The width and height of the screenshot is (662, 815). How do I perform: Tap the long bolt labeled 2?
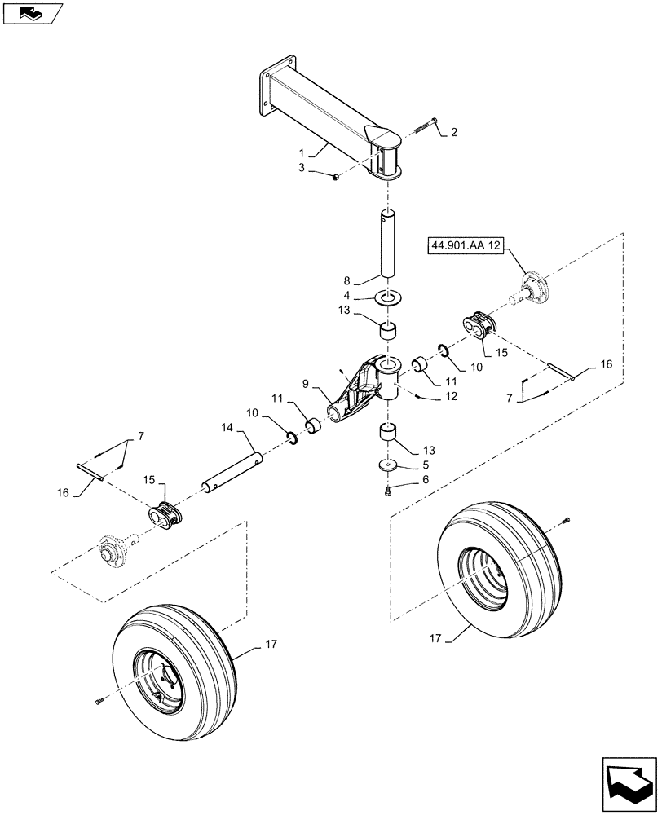coord(336,175)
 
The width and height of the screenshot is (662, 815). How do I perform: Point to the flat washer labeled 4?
coord(388,466)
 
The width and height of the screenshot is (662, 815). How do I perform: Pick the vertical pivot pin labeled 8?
coord(389,490)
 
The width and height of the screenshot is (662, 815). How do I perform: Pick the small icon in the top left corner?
coord(31,12)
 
